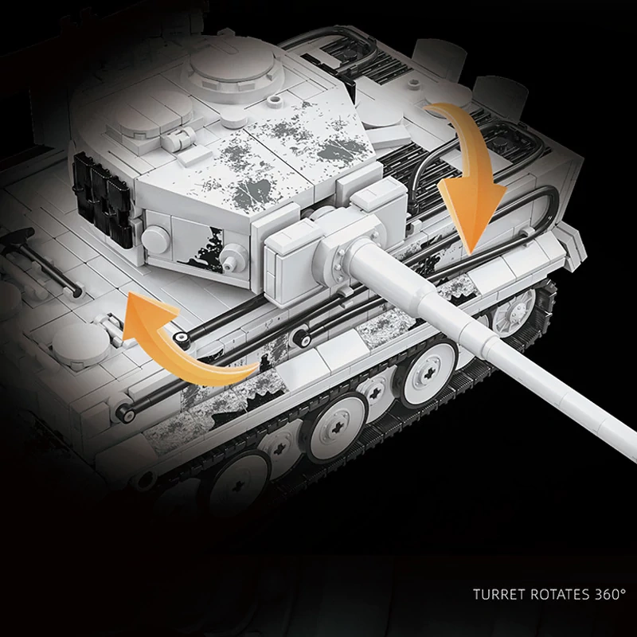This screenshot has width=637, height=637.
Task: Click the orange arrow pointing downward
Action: pyautogui.click(x=471, y=174)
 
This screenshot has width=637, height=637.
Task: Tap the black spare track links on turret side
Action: pyautogui.click(x=104, y=199)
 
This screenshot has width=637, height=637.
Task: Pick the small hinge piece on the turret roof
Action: pyautogui.click(x=178, y=138)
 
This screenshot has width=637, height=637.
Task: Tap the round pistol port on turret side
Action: pyautogui.click(x=154, y=239)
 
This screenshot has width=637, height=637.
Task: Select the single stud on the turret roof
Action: pyautogui.click(x=274, y=100)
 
